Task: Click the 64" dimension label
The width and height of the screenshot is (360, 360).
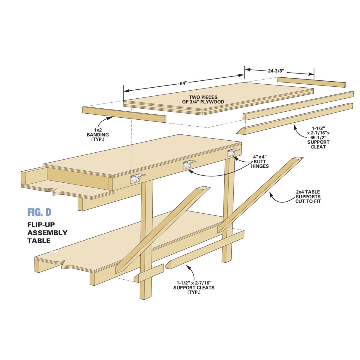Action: point(184,83)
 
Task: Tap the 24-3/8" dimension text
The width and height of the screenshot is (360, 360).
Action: point(276,71)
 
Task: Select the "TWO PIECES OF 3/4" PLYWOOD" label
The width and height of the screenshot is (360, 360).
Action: point(203,99)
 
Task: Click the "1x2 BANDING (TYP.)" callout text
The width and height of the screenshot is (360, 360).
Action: point(98,134)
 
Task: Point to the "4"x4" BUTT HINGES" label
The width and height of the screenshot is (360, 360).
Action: point(260,161)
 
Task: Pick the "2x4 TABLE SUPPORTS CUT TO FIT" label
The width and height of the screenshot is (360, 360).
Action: point(308,196)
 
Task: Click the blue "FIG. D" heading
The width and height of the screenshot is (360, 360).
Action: point(39,212)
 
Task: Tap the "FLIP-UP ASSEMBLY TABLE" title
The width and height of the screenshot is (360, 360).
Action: point(47,233)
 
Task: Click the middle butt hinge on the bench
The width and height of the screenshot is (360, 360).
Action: point(189,164)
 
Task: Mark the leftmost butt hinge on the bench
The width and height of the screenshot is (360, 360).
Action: point(137,178)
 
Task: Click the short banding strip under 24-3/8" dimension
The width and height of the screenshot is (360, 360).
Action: point(312,82)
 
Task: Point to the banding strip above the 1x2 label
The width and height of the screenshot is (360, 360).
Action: point(124,114)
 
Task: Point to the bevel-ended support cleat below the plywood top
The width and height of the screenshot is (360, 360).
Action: point(295,118)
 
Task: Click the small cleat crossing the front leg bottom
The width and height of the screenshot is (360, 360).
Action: point(148,273)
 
